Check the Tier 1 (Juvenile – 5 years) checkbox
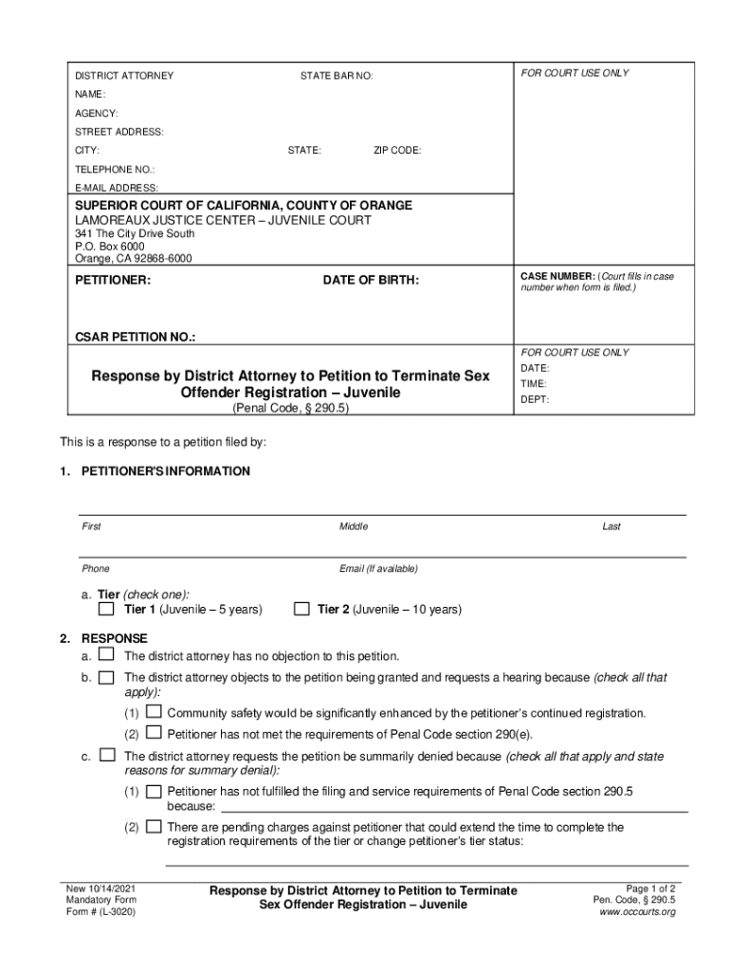click(x=107, y=609)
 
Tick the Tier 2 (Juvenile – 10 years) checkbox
click(x=301, y=609)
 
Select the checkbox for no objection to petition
click(x=107, y=655)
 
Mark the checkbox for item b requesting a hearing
click(x=107, y=677)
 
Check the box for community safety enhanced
click(x=153, y=712)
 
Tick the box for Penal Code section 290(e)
click(x=153, y=733)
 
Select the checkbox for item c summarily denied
click(x=107, y=756)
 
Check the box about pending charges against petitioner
click(x=153, y=827)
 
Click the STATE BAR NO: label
click(x=337, y=75)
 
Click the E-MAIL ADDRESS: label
click(x=117, y=188)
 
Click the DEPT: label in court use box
click(x=535, y=399)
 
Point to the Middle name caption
click(x=354, y=526)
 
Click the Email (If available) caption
click(x=378, y=569)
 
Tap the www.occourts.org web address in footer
click(x=637, y=912)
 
